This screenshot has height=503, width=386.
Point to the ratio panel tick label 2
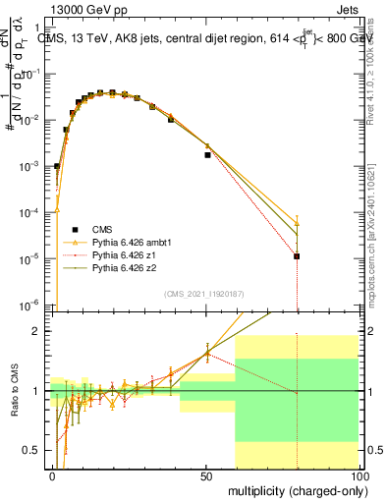click(41, 331)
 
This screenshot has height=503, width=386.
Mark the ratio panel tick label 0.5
click(37, 450)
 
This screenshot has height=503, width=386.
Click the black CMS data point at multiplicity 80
click(297, 256)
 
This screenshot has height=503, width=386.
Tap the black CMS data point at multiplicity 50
click(207, 154)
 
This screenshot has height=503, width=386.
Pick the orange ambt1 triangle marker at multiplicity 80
click(297, 223)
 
